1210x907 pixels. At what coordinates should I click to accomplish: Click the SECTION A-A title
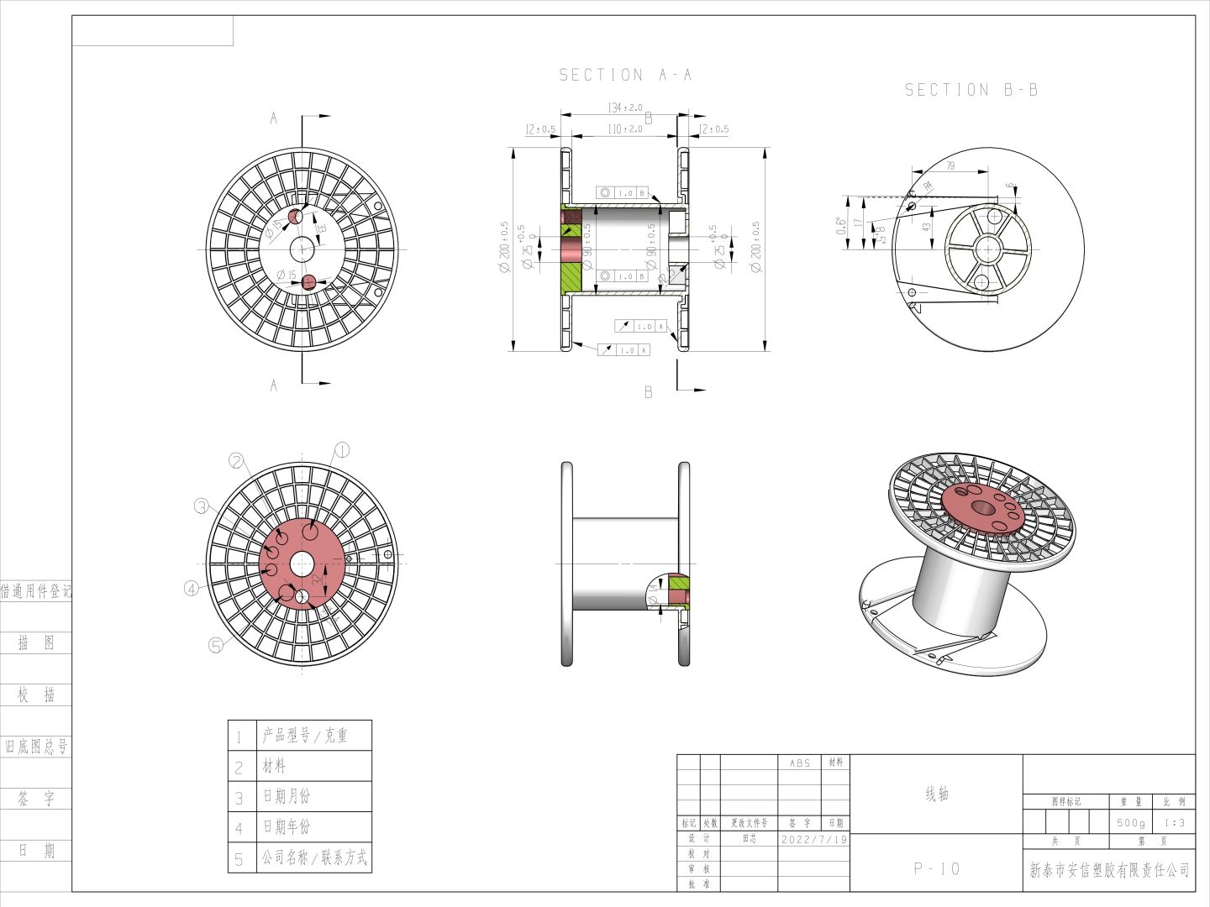[626, 76]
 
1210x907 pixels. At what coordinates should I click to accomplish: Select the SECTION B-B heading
[971, 90]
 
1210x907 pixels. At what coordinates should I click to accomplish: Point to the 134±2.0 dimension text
[624, 108]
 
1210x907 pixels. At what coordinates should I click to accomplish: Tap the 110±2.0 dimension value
[624, 129]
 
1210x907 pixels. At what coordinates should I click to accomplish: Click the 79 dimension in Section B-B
[950, 166]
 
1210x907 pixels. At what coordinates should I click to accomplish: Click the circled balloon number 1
[342, 449]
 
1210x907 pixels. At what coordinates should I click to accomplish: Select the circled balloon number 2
[237, 461]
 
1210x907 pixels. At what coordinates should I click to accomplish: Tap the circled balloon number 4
[192, 589]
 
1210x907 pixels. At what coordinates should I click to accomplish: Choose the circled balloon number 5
[216, 645]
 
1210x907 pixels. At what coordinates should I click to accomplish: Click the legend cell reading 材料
[274, 766]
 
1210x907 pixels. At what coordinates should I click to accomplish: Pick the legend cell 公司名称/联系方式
[313, 857]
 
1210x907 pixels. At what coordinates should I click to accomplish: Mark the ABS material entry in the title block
[800, 763]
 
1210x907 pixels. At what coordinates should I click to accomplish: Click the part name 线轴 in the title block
[937, 794]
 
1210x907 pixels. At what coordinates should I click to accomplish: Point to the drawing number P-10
[937, 868]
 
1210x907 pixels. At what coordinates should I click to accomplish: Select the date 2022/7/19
[813, 839]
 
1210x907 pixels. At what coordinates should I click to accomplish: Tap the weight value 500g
[1131, 823]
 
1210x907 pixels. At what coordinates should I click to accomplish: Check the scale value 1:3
[1174, 823]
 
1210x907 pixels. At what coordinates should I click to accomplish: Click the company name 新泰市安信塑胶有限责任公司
[1109, 870]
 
